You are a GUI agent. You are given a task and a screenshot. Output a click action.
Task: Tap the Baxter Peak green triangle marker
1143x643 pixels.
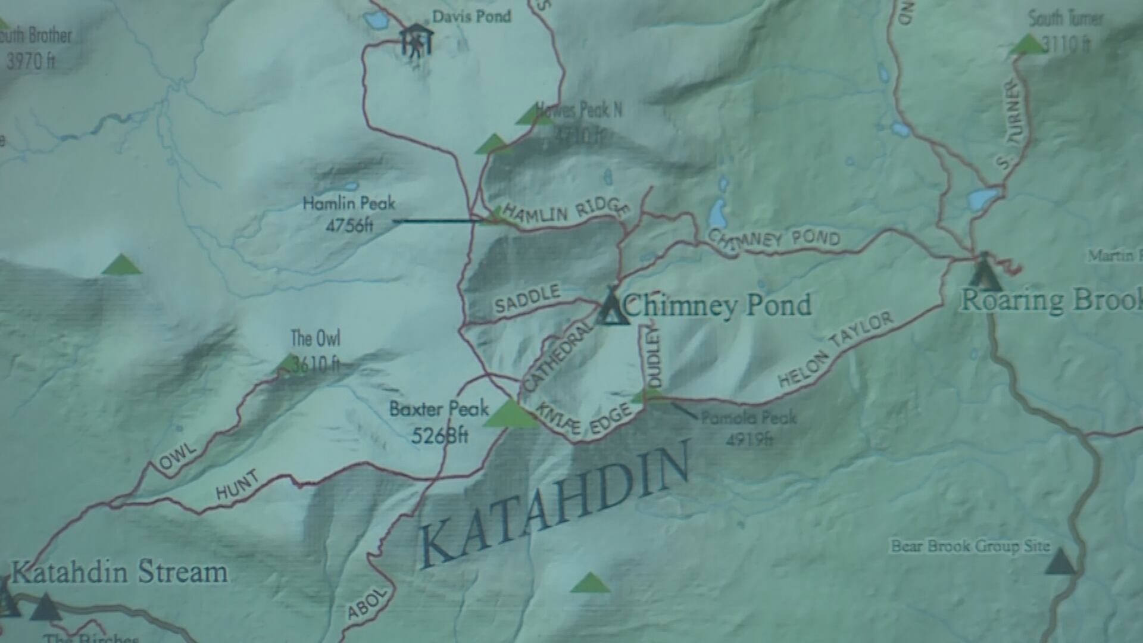pyautogui.click(x=510, y=414)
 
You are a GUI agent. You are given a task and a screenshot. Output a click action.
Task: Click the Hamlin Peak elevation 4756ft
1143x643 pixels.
pyautogui.click(x=349, y=226)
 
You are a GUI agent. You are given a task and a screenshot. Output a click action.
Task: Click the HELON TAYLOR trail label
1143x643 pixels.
pyautogui.click(x=836, y=350)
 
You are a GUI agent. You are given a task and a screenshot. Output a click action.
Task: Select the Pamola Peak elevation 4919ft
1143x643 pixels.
pyautogui.click(x=749, y=439)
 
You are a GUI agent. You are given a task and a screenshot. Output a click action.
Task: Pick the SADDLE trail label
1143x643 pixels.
pyautogui.click(x=527, y=299)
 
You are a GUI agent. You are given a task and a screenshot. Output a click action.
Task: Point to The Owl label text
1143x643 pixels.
pyautogui.click(x=315, y=339)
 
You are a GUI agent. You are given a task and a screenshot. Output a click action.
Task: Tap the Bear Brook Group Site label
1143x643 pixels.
pyautogui.click(x=970, y=546)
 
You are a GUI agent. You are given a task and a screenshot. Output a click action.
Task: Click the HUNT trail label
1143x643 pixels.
pyautogui.click(x=238, y=485)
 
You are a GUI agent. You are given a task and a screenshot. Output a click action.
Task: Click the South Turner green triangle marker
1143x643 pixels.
pyautogui.click(x=1028, y=45)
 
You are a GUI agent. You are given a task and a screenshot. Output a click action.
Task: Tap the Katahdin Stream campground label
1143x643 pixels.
pyautogui.click(x=119, y=573)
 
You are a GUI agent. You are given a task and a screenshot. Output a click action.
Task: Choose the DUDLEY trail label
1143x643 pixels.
pyautogui.click(x=653, y=357)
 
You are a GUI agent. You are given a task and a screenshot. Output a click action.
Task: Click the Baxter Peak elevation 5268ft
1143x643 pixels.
pyautogui.click(x=439, y=435)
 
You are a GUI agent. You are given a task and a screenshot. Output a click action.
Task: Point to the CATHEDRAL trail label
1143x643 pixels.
pyautogui.click(x=558, y=357)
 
